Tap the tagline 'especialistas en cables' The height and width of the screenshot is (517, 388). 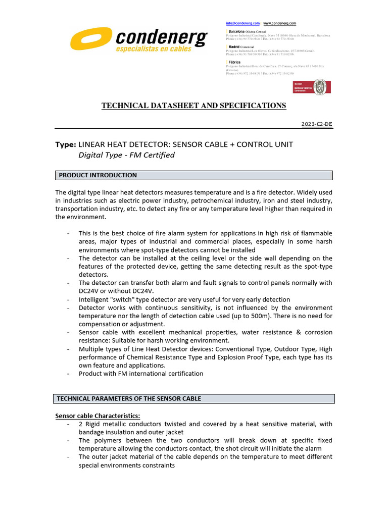pos(154,49)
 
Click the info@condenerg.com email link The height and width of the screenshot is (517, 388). pos(243,23)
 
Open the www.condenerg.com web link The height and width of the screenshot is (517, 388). pos(280,23)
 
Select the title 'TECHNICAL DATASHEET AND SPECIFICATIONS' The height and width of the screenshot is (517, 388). pos(194,106)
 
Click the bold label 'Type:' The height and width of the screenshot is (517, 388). pos(66,144)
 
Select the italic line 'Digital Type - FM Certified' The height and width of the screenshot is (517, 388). pos(126,155)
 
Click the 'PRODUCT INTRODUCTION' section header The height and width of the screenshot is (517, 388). pos(98,175)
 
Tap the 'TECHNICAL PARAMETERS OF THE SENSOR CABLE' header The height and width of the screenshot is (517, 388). pos(129,399)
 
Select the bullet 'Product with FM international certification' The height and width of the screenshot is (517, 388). pos(141,374)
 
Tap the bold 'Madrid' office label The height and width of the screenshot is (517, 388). pos(234,46)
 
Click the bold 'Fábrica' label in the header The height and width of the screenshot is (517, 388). pos(235,62)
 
